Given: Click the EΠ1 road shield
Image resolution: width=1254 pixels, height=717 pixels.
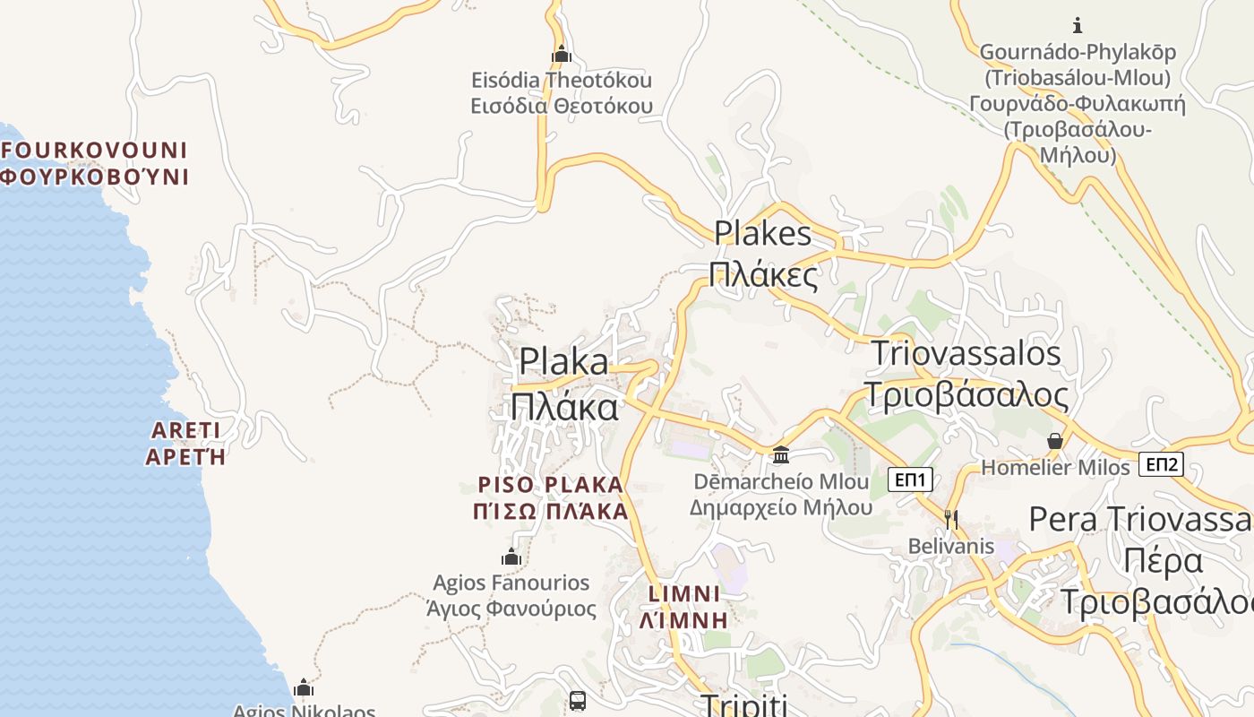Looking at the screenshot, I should coord(911,479).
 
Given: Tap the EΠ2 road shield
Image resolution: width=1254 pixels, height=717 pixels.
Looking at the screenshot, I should coord(1163,464).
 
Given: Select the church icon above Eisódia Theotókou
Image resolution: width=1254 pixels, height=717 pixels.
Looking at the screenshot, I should coord(562,55).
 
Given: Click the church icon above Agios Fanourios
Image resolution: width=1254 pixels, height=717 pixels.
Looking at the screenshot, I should coord(511,557).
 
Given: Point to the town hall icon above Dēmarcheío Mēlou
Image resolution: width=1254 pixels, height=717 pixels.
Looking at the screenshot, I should coord(781,454).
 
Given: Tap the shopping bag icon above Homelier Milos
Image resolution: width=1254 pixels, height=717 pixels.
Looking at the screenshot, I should coord(1055,441).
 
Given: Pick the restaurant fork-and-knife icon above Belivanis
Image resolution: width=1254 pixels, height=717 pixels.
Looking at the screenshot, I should coord(951,518).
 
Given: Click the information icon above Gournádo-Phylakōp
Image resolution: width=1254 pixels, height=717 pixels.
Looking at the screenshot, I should coord(1078,25).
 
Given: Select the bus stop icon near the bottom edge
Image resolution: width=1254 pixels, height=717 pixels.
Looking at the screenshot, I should coord(578,700).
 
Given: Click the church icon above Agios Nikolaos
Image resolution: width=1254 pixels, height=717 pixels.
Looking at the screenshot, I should coord(304,687).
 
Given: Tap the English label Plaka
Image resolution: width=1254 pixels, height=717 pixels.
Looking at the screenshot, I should coord(564,362).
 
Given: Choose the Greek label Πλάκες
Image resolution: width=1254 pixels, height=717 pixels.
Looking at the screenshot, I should coord(763,274).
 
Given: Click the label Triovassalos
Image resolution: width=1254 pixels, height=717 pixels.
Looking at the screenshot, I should coord(966,353).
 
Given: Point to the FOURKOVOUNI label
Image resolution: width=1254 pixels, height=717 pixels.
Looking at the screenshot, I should coord(94,150).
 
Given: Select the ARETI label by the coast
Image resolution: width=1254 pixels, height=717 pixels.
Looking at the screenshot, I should coord(185,431).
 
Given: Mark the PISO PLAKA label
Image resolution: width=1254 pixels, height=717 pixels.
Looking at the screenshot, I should coord(550,485).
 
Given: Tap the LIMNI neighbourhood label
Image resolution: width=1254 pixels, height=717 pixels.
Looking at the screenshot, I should coord(684,594).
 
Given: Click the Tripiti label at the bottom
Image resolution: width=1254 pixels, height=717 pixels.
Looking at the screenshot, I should coord(743,705).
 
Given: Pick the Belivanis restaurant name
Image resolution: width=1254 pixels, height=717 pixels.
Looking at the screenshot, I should coord(951,546).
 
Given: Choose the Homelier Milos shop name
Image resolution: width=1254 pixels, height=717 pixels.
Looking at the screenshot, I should coord(1056,468).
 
